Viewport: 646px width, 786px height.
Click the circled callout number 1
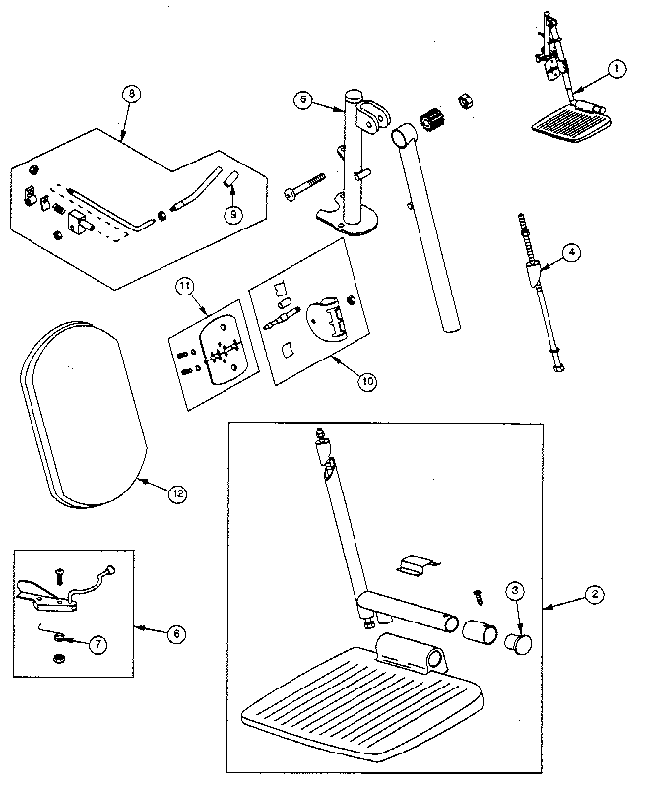615,69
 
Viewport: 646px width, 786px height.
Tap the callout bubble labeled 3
515,593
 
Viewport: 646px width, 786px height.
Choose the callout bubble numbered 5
304,99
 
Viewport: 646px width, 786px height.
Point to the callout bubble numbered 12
176,494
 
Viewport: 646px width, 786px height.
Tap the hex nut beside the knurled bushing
462,99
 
